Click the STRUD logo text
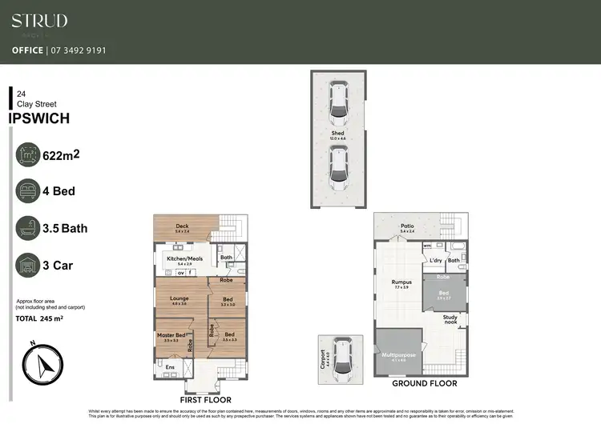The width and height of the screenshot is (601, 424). (39, 22)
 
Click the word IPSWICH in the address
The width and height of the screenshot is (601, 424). (38, 118)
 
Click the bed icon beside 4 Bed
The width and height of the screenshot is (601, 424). (29, 192)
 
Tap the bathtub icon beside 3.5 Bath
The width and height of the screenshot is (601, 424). (29, 228)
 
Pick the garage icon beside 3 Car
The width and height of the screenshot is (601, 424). (29, 265)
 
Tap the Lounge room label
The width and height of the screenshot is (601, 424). (179, 298)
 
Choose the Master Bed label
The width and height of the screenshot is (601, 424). (171, 335)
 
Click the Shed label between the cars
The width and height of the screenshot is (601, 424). (338, 134)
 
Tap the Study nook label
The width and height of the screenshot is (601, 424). (451, 320)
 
